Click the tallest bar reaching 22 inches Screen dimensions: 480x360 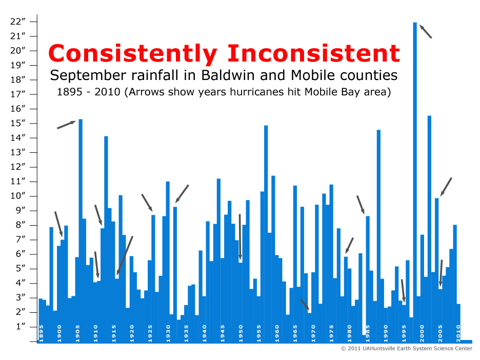click(415, 181)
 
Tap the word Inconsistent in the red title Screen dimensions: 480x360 click(313, 53)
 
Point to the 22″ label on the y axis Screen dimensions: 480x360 click(18, 22)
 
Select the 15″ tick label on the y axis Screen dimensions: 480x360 click(18, 123)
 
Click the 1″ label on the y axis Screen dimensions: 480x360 click(20, 326)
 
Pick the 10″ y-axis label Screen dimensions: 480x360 click(18, 195)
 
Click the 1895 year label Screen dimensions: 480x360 click(42, 333)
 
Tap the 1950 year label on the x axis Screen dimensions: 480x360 click(241, 333)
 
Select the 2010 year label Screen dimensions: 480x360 click(458, 333)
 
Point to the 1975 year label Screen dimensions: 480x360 click(331, 333)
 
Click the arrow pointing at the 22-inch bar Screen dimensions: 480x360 click(426, 31)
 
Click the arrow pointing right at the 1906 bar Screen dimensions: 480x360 click(67, 125)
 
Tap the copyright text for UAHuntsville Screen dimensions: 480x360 click(407, 348)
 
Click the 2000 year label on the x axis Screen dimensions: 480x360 click(422, 333)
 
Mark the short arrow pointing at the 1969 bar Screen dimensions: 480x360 click(305, 305)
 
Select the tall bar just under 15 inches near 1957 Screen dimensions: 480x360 click(266, 233)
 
